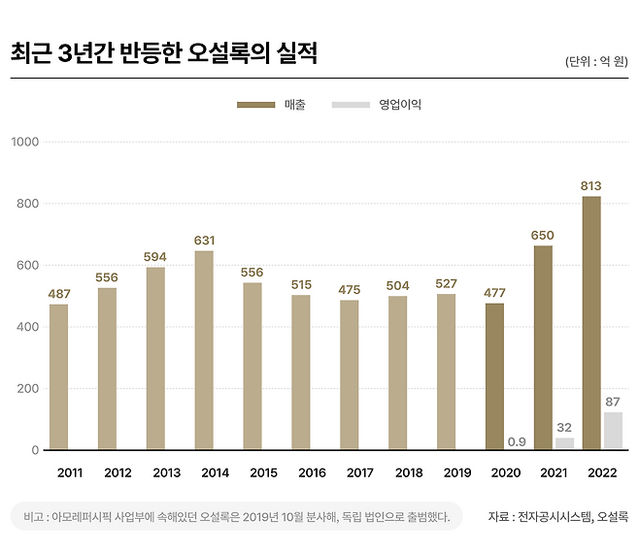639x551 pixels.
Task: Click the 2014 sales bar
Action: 204,350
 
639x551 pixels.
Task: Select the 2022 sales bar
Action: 590,323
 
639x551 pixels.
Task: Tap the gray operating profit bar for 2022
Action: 613,431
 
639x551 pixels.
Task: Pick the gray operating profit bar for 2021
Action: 564,443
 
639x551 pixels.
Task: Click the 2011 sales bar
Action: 59,376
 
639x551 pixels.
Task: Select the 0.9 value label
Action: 517,441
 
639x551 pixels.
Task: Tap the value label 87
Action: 613,402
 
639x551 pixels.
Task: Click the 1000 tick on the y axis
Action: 23,142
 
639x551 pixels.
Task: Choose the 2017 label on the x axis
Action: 359,473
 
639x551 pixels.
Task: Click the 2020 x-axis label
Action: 505,473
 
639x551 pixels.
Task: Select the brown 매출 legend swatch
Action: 256,105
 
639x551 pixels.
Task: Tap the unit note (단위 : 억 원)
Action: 596,61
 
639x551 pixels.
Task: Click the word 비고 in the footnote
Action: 34,516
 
